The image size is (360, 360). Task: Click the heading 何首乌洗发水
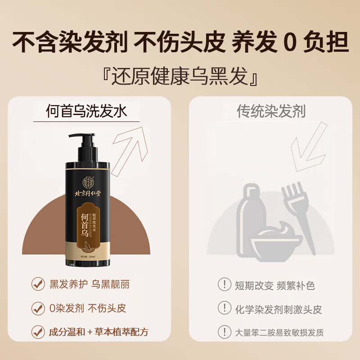point(87,111)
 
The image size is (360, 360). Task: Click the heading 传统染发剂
point(271,111)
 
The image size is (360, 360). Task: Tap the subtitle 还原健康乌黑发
point(180,76)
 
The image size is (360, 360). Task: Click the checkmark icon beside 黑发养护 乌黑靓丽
point(38,284)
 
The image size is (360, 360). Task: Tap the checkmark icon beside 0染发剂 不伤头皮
point(38,308)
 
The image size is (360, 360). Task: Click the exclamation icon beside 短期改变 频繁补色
point(224,284)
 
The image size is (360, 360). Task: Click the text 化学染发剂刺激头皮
point(278,309)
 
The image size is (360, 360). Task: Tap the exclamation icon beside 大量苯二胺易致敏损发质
point(224,333)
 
